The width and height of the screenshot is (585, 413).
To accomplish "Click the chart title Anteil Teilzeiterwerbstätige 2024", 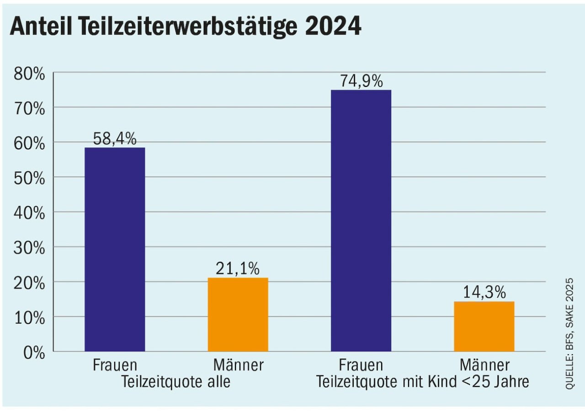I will pyautogui.click(x=186, y=27).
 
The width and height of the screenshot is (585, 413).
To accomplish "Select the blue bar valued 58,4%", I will pyautogui.click(x=115, y=249).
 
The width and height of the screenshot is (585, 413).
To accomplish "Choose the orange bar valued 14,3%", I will pyautogui.click(x=484, y=326).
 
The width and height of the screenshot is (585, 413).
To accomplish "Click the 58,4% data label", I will pyautogui.click(x=115, y=139).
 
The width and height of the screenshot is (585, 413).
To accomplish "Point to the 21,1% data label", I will pyautogui.click(x=238, y=269).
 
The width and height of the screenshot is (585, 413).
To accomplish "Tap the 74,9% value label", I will pyautogui.click(x=361, y=81).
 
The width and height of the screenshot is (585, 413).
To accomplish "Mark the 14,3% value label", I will pyautogui.click(x=484, y=293).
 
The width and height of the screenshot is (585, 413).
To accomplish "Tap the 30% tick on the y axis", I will pyautogui.click(x=29, y=248).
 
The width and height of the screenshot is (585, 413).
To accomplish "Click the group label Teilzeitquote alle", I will pyautogui.click(x=175, y=382).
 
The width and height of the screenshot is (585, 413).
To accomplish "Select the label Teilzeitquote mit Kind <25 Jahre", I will pyautogui.click(x=423, y=382).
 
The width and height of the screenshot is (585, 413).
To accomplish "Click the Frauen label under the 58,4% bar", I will pyautogui.click(x=115, y=366).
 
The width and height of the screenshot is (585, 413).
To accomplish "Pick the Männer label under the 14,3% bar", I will pyautogui.click(x=484, y=366).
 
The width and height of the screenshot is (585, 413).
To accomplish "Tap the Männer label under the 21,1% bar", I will pyautogui.click(x=238, y=366).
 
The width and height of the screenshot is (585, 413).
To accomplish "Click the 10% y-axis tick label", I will pyautogui.click(x=29, y=318).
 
